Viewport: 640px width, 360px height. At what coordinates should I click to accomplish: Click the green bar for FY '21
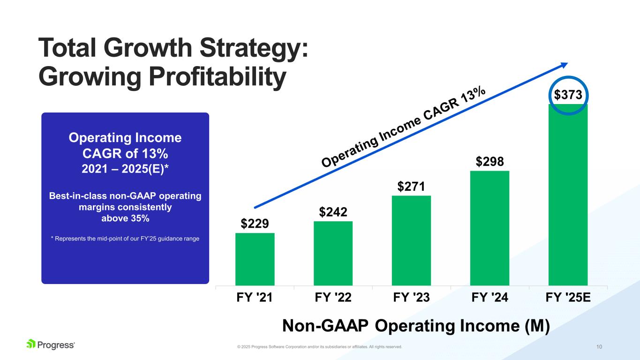255,259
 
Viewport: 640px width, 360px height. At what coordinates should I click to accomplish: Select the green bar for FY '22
333,253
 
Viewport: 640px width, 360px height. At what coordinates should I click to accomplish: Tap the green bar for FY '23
411,240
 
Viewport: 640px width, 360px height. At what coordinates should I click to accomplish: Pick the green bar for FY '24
489,228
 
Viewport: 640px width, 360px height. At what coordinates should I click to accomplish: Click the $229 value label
255,224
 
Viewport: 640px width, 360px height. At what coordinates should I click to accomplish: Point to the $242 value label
333,212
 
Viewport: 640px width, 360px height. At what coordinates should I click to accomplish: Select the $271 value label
411,187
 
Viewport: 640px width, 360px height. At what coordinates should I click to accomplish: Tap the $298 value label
490,162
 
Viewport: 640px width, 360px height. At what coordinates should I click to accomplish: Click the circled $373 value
568,95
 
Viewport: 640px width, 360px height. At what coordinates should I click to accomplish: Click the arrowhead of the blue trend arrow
564,65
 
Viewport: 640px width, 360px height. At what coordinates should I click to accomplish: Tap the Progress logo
51,345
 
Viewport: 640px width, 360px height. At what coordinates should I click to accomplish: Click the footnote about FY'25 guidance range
125,239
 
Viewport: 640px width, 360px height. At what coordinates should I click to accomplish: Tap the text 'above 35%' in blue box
125,218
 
